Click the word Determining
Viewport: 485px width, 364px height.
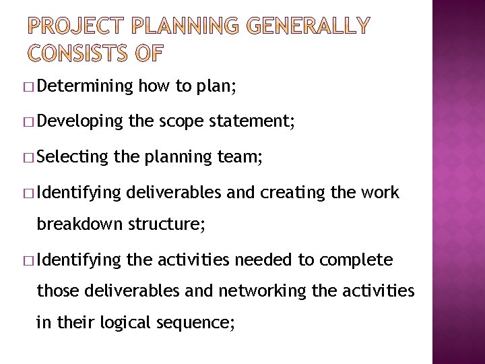click(x=86, y=86)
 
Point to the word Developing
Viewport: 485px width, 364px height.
click(x=80, y=121)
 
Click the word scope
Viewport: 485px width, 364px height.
click(x=182, y=121)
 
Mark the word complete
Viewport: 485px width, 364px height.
click(x=357, y=260)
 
